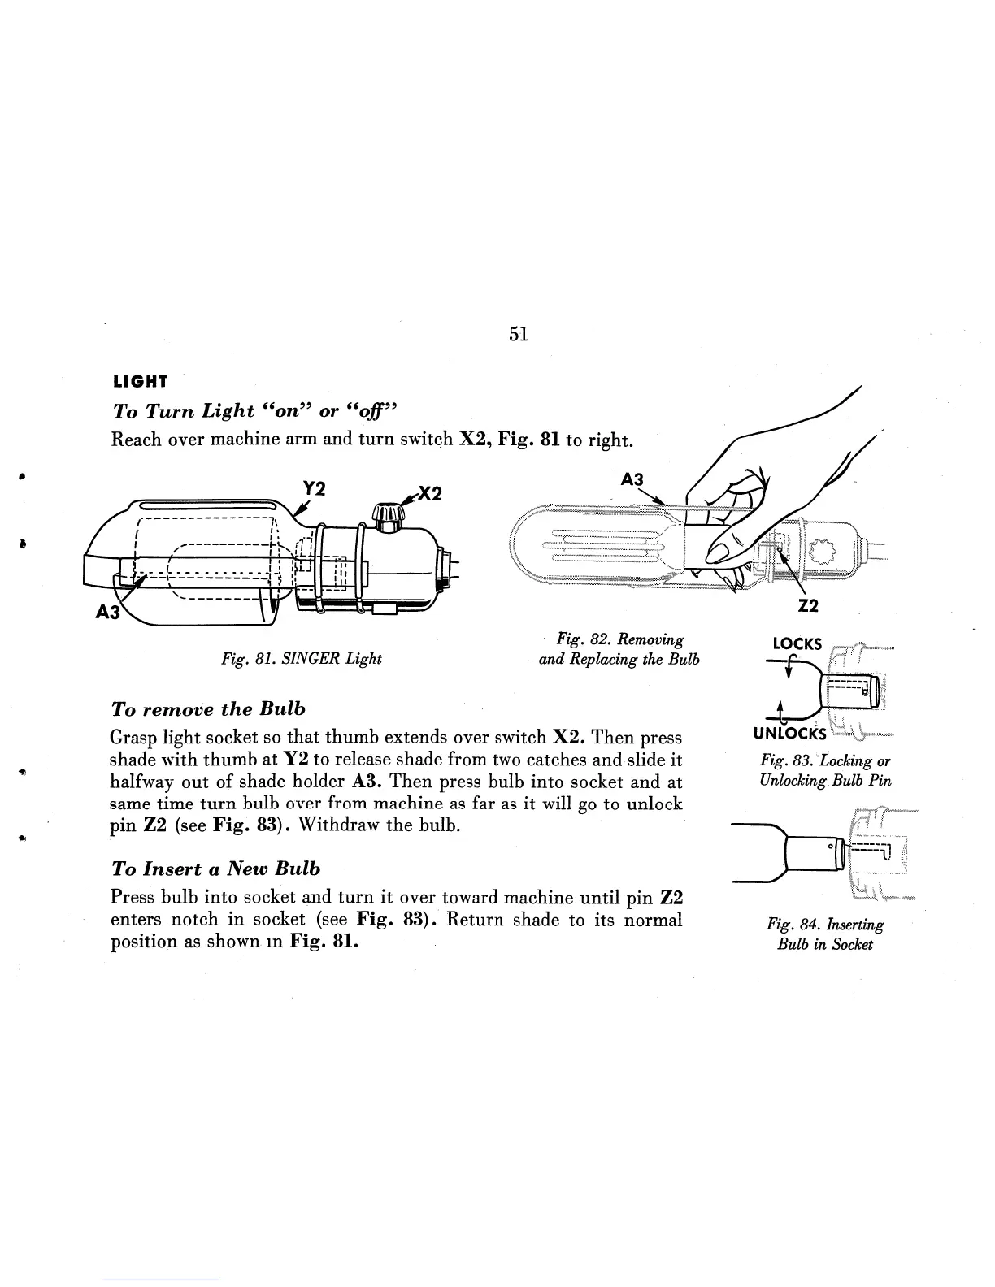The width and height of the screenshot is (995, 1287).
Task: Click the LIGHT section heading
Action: [140, 381]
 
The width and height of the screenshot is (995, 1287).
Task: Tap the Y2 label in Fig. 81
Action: [314, 489]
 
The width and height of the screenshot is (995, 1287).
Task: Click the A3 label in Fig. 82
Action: [632, 480]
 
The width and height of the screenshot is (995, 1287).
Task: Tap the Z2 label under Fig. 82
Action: [808, 604]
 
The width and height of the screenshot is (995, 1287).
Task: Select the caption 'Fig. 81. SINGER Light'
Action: [302, 658]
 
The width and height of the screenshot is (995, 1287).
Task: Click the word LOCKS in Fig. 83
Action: [797, 644]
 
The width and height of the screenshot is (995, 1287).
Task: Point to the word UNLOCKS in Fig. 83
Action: [791, 734]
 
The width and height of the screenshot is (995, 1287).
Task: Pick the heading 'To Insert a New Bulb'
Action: [215, 869]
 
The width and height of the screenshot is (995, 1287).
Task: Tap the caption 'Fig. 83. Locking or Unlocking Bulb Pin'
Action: [825, 771]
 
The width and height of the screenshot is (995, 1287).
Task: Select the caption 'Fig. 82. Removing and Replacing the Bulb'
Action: [619, 649]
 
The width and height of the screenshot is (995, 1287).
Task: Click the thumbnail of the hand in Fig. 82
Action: [732, 520]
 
